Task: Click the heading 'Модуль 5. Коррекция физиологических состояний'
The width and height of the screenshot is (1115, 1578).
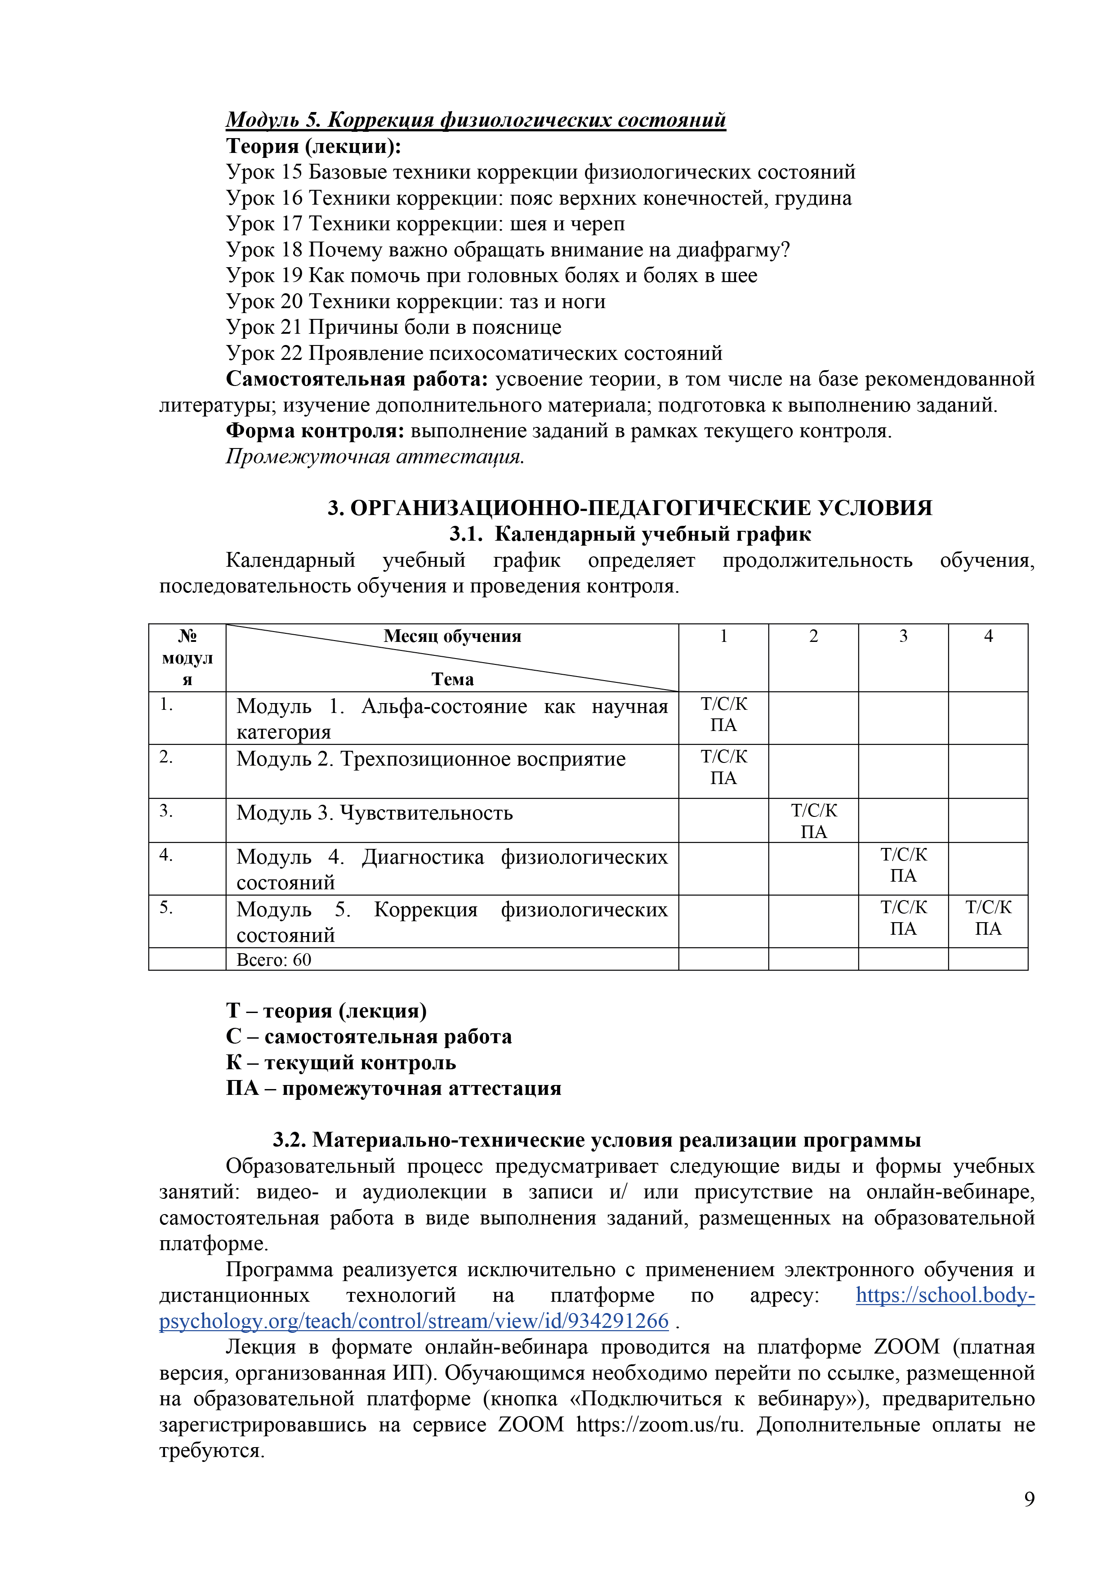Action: click(x=475, y=120)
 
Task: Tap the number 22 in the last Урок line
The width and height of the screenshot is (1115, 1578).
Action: click(x=291, y=353)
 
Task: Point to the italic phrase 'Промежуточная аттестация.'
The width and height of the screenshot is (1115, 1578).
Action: click(x=375, y=457)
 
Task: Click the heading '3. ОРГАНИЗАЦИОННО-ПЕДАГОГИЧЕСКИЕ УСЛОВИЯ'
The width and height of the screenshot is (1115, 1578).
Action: click(x=629, y=508)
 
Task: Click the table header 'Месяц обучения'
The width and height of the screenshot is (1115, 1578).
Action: click(x=452, y=637)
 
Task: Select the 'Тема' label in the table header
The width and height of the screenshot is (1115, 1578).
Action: click(x=452, y=679)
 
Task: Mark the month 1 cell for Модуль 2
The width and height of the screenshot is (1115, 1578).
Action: click(x=723, y=768)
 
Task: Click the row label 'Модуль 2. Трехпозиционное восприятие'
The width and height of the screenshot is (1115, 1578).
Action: click(x=431, y=759)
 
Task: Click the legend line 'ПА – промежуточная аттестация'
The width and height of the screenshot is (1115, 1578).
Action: click(x=394, y=1089)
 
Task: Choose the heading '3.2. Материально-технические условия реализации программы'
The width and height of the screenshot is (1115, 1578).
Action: click(x=596, y=1140)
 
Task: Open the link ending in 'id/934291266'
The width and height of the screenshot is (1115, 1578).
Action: click(x=414, y=1321)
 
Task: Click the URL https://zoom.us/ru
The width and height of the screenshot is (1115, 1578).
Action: click(x=659, y=1425)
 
